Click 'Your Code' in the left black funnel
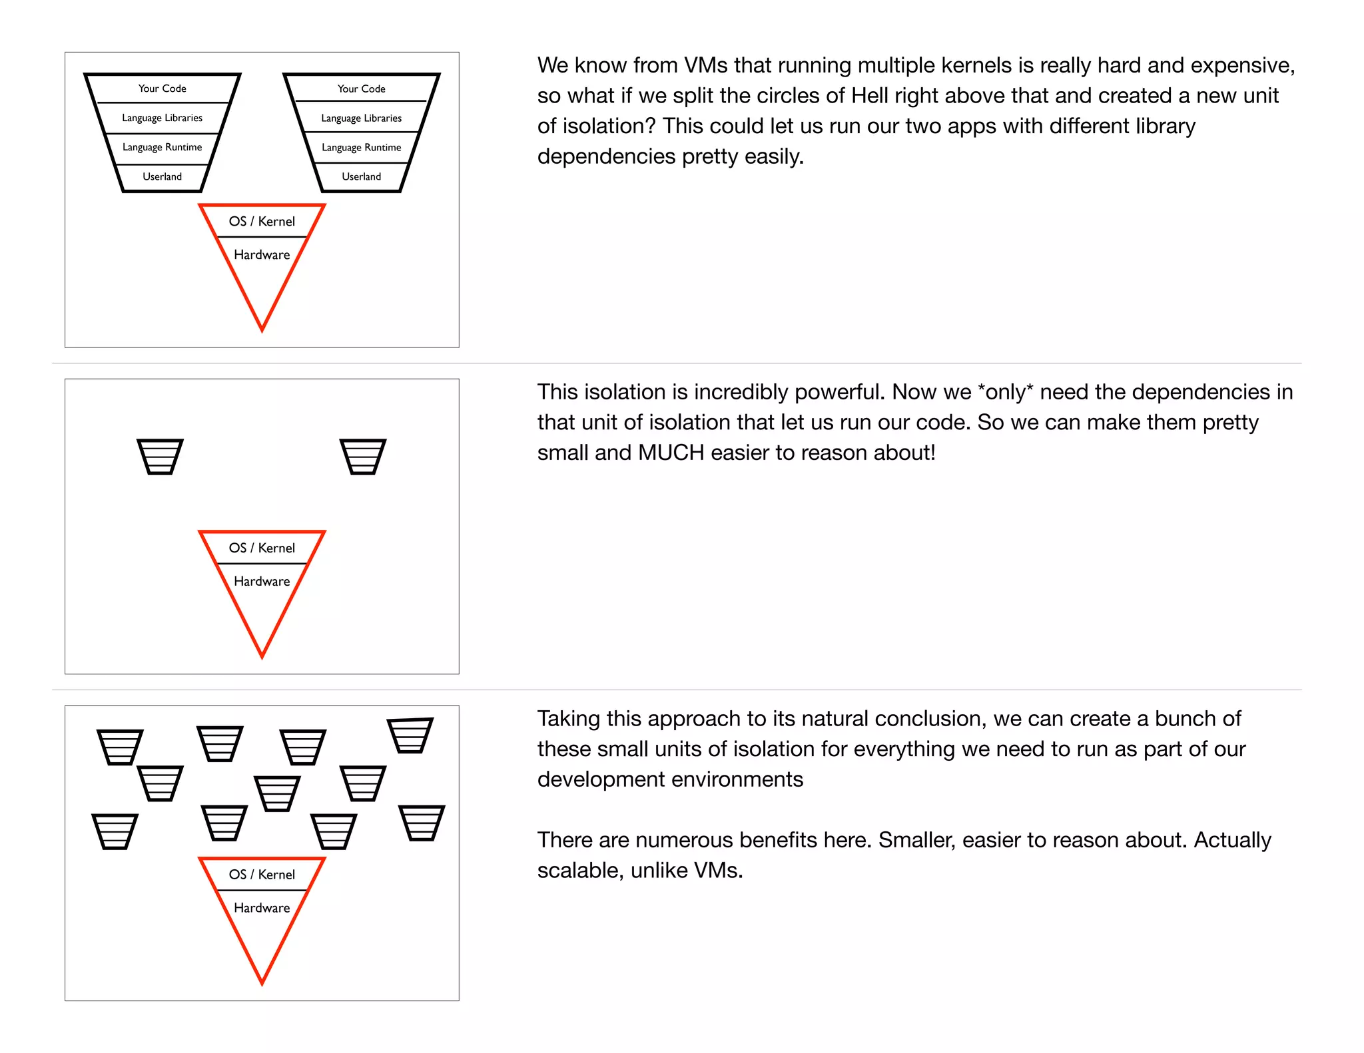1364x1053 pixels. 162,89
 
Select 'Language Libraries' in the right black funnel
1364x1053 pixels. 361,118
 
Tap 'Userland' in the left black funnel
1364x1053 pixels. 162,176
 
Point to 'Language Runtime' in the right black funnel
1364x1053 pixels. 361,147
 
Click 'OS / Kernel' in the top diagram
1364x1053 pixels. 262,222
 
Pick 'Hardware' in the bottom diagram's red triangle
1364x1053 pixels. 262,908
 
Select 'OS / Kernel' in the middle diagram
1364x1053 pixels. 262,548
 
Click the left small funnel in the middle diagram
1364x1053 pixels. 160,457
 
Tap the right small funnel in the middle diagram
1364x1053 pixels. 363,457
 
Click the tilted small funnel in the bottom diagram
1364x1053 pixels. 410,736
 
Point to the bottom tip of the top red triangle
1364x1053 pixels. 262,329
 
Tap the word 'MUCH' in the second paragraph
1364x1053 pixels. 671,453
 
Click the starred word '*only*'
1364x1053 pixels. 1005,392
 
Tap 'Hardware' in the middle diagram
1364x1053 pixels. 262,581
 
